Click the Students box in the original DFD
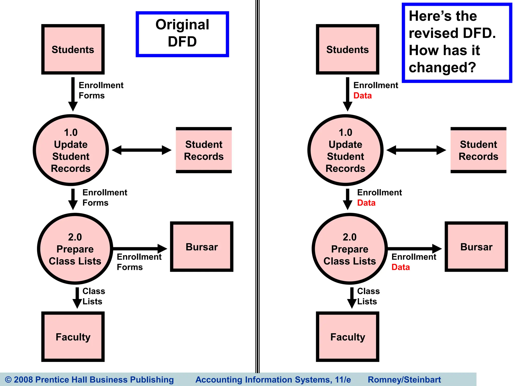[73, 49]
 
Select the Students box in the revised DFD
[348, 49]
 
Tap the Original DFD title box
[182, 34]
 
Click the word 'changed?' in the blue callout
[442, 68]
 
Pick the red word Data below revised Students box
[362, 96]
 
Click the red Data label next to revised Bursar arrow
[401, 267]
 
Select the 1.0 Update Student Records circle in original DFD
[71, 150]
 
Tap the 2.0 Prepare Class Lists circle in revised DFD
[350, 249]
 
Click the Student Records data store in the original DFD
[204, 150]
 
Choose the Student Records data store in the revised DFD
[478, 150]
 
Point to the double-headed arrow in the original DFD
[142, 150]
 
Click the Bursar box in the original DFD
[202, 247]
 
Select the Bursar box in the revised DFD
[476, 247]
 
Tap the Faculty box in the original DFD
[73, 337]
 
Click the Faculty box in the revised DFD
[348, 337]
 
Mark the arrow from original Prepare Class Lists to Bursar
[140, 249]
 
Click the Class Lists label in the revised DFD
[368, 296]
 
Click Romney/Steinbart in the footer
[404, 379]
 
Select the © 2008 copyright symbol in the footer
[8, 379]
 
